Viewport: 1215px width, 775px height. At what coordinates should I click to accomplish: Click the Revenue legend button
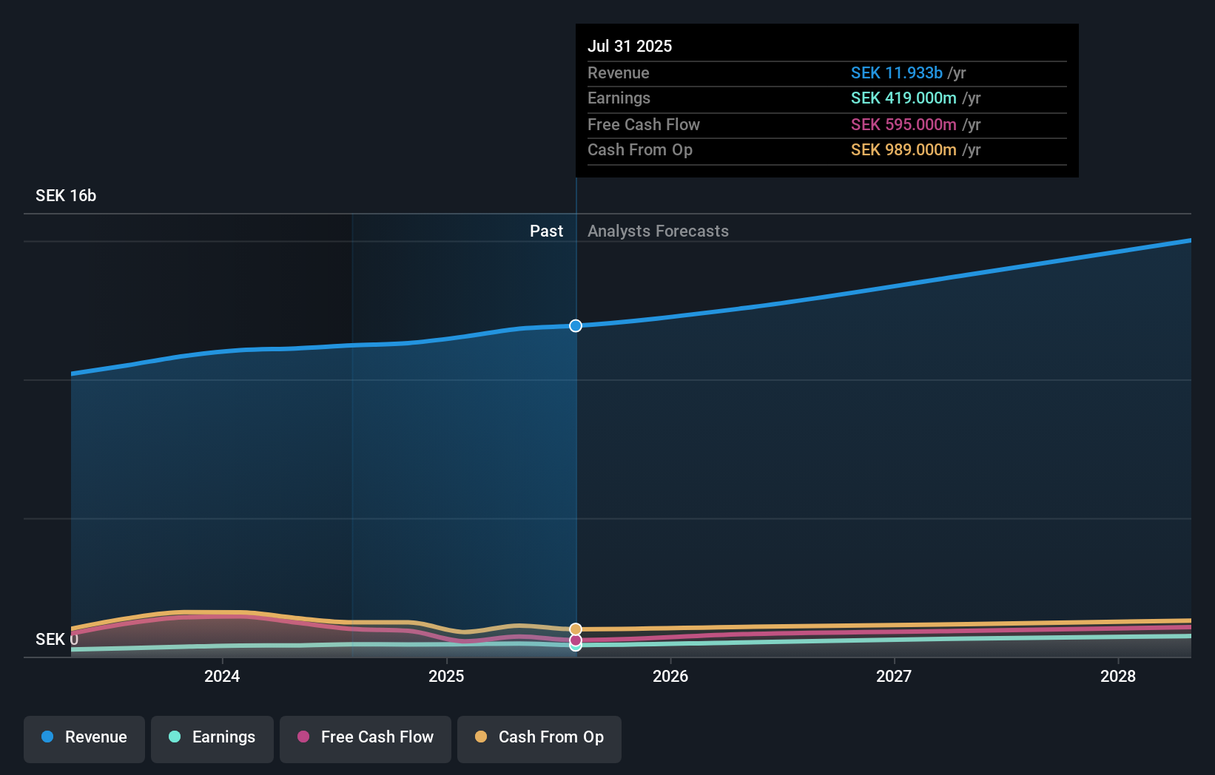pyautogui.click(x=84, y=738)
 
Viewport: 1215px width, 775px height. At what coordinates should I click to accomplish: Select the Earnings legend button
pyautogui.click(x=212, y=738)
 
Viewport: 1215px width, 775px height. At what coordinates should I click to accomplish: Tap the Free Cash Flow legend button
pyautogui.click(x=366, y=738)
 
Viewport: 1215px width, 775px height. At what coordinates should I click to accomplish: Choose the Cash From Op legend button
pyautogui.click(x=539, y=738)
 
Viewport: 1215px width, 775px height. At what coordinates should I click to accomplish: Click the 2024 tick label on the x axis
pyautogui.click(x=222, y=676)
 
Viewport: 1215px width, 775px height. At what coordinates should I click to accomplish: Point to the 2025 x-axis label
pyautogui.click(x=446, y=676)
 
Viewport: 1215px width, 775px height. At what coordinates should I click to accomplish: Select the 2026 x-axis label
pyautogui.click(x=670, y=676)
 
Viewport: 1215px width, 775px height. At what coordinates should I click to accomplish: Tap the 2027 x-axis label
pyautogui.click(x=894, y=676)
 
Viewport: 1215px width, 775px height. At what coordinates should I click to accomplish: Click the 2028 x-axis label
pyautogui.click(x=1118, y=676)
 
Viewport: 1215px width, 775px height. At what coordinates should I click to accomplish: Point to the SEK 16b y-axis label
pyautogui.click(x=66, y=195)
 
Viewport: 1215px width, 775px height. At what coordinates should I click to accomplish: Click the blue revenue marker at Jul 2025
pyautogui.click(x=576, y=326)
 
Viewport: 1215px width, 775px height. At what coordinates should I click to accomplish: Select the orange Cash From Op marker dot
pyautogui.click(x=576, y=629)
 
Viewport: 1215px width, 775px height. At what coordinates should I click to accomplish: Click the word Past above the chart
pyautogui.click(x=546, y=231)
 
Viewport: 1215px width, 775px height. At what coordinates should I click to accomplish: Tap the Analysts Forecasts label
pyautogui.click(x=658, y=231)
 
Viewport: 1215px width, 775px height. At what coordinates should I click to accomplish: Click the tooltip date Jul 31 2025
pyautogui.click(x=630, y=46)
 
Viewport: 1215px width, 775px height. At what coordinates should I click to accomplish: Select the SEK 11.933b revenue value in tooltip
pyautogui.click(x=896, y=72)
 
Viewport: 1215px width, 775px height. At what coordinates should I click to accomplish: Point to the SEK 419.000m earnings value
pyautogui.click(x=903, y=98)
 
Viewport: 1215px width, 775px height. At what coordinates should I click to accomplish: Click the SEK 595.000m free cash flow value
pyautogui.click(x=903, y=124)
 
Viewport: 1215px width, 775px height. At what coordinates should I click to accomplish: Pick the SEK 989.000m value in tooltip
pyautogui.click(x=903, y=149)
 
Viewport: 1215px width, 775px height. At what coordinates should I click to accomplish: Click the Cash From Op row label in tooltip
pyautogui.click(x=640, y=149)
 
